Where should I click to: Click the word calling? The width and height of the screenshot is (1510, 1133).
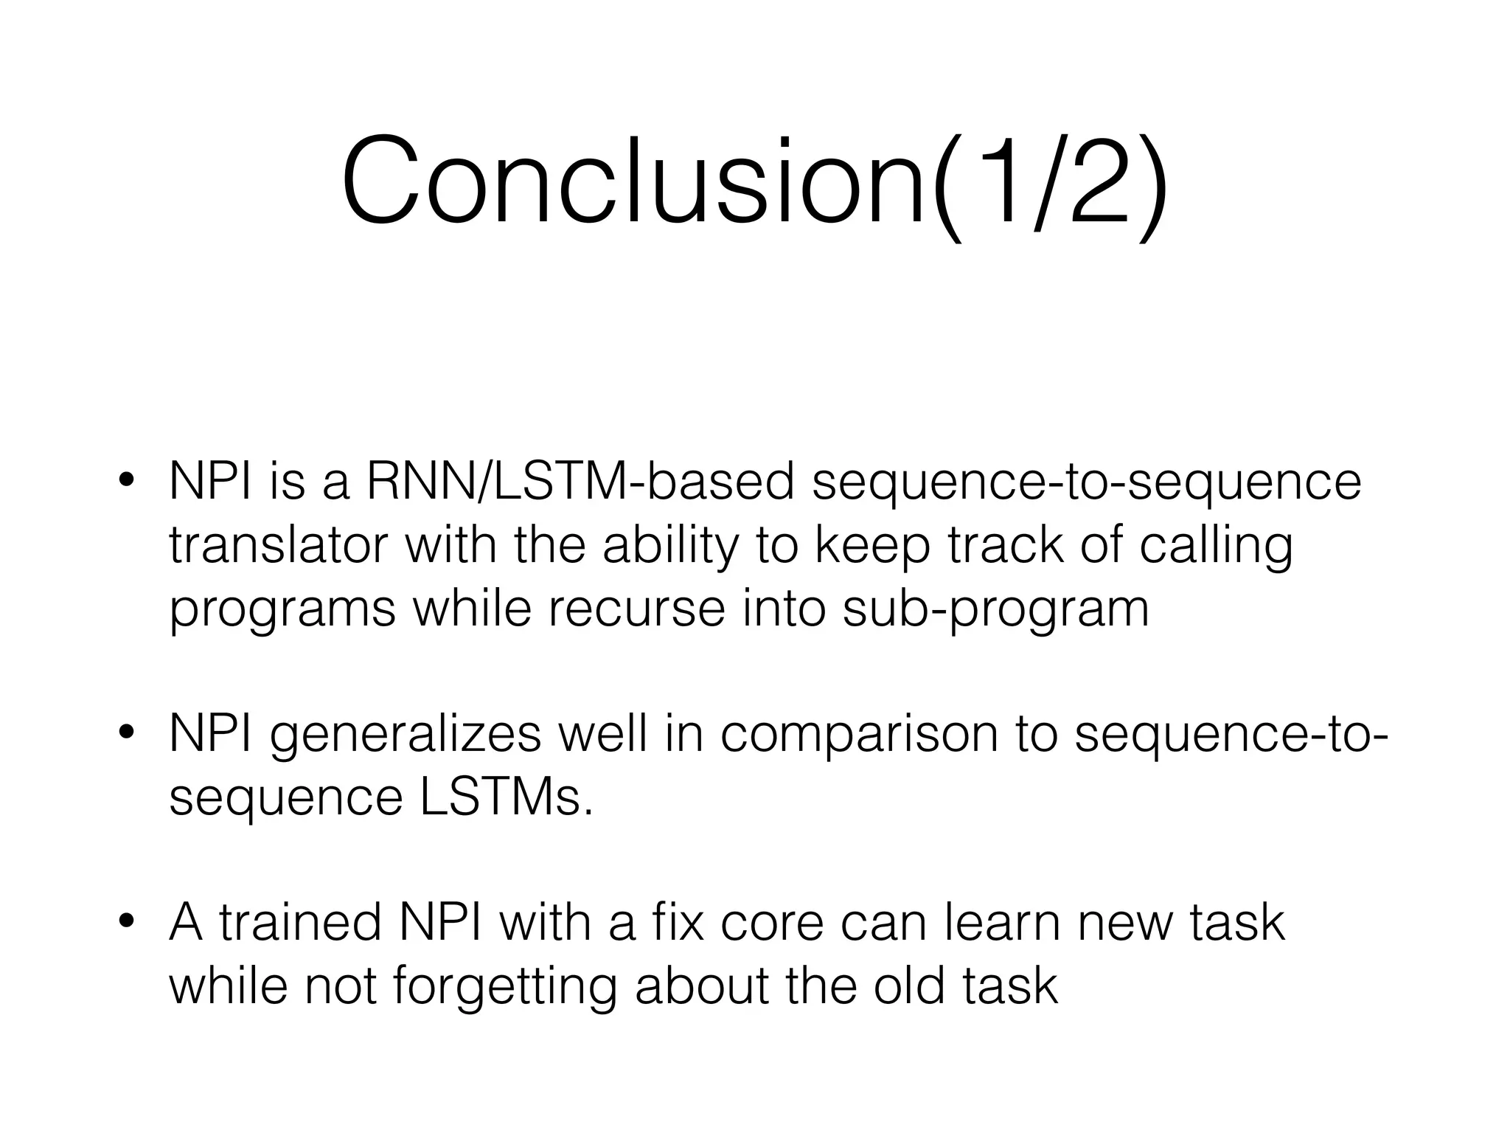[1216, 547]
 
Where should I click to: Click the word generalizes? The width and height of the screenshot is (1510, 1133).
[406, 735]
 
